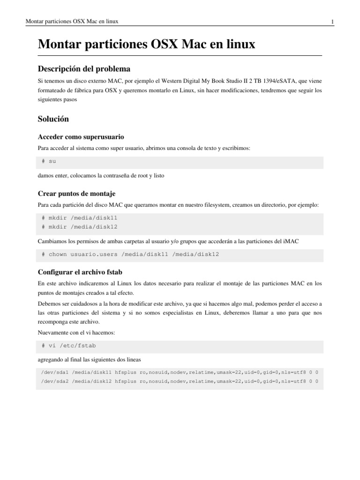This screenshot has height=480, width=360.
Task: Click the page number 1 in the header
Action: pyautogui.click(x=332, y=22)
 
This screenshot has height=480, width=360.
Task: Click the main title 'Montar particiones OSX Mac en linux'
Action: pyautogui.click(x=146, y=45)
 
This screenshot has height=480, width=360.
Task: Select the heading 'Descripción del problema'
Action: pyautogui.click(x=84, y=69)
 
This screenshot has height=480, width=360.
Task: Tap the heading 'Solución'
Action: pyautogui.click(x=53, y=119)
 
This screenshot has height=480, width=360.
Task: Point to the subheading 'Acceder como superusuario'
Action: pyautogui.click(x=81, y=137)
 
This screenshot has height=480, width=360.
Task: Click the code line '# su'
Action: pyautogui.click(x=49, y=162)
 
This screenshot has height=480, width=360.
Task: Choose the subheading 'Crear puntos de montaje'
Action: pyautogui.click(x=76, y=193)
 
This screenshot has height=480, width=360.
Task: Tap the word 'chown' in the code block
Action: pyautogui.click(x=58, y=254)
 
